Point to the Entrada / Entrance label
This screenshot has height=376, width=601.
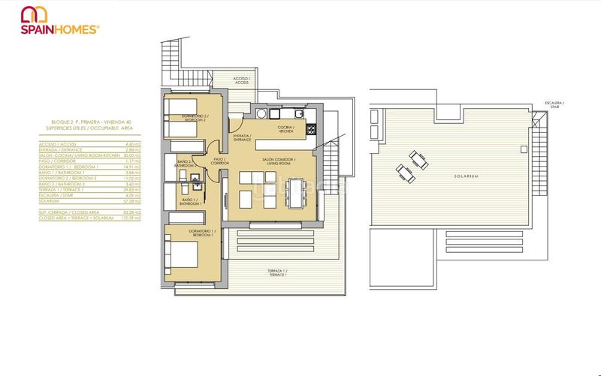[x=242, y=138]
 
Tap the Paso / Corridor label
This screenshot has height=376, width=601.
[x=221, y=161]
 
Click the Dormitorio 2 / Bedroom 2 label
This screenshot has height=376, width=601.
[x=195, y=119]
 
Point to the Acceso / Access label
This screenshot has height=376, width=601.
[x=240, y=80]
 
